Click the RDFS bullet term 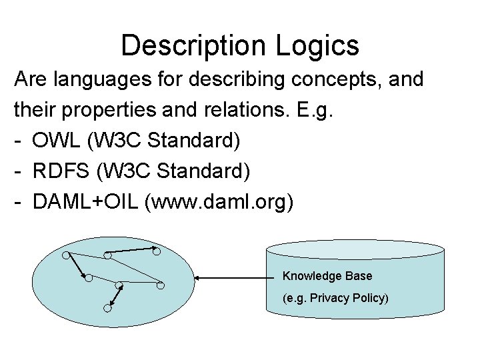click(65, 171)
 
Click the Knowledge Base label click(327, 276)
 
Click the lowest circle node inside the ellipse click(107, 308)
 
